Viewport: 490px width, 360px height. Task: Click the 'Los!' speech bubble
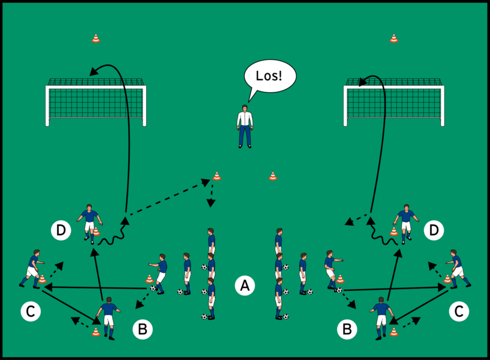270,76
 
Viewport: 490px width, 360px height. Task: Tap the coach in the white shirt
245,126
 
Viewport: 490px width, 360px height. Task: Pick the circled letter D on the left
61,230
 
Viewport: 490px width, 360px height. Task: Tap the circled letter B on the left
142,329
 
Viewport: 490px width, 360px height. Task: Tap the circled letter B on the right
347,329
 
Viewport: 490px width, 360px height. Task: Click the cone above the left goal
96,38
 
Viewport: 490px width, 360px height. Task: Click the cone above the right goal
393,38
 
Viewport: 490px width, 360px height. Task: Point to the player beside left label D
90,223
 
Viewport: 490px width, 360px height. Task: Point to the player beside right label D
406,223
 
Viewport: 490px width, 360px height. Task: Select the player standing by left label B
108,317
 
